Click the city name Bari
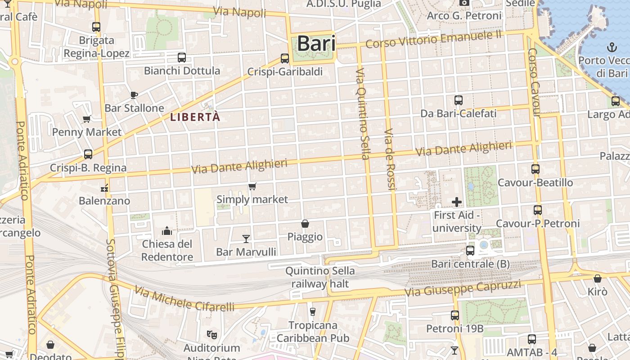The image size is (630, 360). (316, 44)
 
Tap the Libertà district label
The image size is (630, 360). (195, 117)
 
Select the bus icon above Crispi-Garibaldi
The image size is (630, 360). (284, 58)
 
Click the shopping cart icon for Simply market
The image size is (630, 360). (252, 186)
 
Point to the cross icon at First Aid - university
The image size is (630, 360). (457, 202)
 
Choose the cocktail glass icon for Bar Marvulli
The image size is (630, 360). (246, 238)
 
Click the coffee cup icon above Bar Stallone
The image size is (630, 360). (134, 94)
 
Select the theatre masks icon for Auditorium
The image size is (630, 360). (211, 334)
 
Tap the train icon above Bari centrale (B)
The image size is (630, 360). (470, 250)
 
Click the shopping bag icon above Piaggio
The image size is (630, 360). (305, 223)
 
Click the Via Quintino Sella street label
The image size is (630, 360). (362, 114)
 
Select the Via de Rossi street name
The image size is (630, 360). (389, 159)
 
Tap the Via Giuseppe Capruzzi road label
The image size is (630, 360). (463, 288)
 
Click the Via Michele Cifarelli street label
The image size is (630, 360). (184, 298)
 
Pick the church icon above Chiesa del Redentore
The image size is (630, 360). (167, 231)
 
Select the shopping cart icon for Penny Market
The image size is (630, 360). (86, 119)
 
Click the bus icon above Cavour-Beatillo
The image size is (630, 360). (535, 169)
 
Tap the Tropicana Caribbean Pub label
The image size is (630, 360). (313, 331)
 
